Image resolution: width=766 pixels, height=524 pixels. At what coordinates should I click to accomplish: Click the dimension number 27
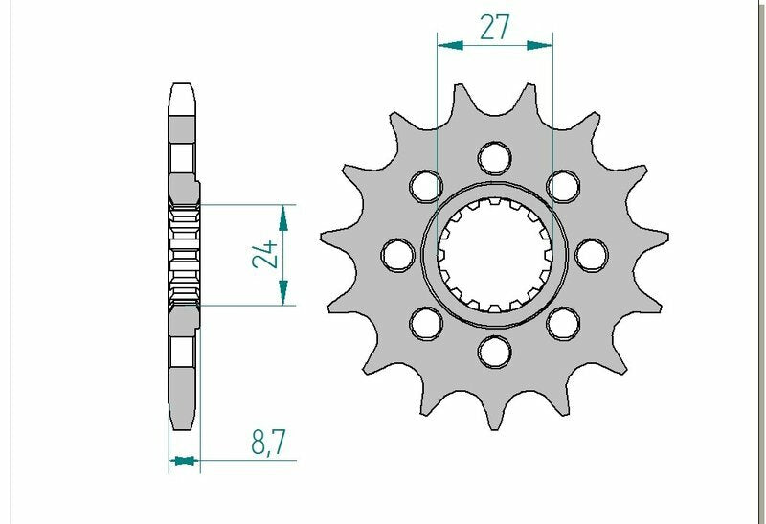tap(494, 28)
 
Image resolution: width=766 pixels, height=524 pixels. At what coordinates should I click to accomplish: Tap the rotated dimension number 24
tap(268, 254)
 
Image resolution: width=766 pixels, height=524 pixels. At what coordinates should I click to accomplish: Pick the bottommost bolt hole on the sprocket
tap(494, 352)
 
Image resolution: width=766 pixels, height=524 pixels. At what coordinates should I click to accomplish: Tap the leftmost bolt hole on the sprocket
tap(395, 254)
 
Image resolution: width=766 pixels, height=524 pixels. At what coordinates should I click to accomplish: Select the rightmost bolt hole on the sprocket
tap(593, 254)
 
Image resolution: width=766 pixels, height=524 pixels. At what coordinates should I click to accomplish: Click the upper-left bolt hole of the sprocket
tap(425, 184)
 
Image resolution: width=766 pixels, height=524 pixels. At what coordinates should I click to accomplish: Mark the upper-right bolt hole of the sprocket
tap(564, 184)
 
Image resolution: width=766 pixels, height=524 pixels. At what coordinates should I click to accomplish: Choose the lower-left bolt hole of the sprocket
tap(425, 323)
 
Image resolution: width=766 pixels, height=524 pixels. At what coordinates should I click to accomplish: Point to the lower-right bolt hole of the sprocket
tap(564, 323)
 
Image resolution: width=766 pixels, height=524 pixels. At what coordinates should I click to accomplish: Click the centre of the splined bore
tap(494, 254)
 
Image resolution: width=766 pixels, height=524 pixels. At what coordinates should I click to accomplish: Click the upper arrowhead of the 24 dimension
tap(283, 213)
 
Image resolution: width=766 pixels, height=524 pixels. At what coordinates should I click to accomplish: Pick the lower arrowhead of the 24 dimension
tap(283, 297)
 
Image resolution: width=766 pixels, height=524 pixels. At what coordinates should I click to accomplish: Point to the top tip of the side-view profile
tap(183, 87)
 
